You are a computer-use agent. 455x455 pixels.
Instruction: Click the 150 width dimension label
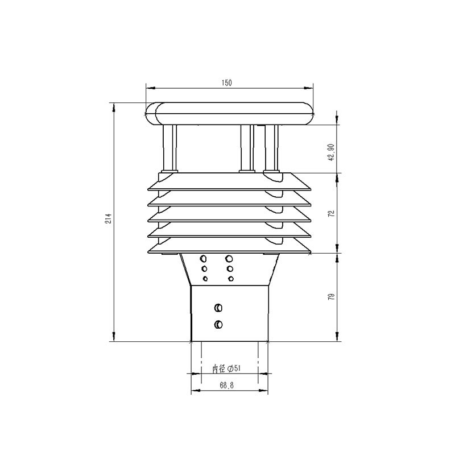226,83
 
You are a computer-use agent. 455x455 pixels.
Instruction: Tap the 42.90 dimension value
330,152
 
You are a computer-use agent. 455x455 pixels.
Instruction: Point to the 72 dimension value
330,213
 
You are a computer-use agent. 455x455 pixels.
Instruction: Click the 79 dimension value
330,296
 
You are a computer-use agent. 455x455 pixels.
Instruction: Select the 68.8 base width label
227,385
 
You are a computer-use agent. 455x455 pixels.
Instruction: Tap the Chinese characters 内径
219,369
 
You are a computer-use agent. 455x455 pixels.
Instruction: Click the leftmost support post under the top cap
170,148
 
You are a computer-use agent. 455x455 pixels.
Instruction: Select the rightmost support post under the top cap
272,148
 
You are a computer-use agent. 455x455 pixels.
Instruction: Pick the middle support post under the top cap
246,148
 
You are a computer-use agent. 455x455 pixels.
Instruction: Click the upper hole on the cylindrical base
218,308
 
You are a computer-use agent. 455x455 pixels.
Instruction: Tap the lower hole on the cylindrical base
218,324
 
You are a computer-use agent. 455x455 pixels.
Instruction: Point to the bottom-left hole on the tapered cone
205,278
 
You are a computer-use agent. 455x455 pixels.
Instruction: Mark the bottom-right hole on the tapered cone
230,278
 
